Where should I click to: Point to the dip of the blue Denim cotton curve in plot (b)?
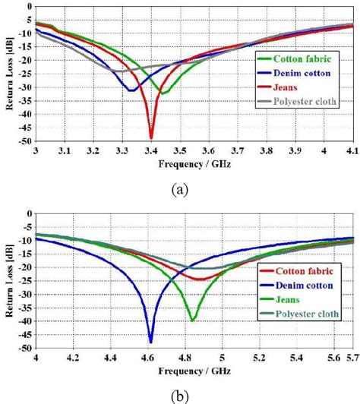coord(150,342)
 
